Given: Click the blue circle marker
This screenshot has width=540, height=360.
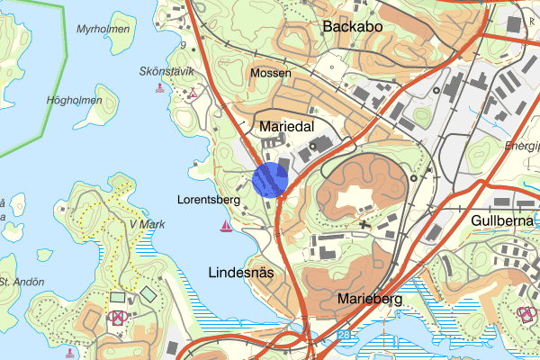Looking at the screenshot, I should coord(269,179).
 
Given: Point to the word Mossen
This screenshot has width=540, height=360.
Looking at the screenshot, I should coord(271,73).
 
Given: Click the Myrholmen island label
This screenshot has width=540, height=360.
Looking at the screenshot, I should coord(103,30).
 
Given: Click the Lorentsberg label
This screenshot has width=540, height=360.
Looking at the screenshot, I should coord(207,201).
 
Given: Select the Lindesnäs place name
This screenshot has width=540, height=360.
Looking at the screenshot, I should coord(240,271).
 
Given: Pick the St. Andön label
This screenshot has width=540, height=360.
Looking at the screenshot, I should coord(22,282).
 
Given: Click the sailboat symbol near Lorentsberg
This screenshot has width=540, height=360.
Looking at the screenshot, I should coord(225,225).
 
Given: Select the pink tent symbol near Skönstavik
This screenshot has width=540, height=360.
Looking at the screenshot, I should coord(193,93).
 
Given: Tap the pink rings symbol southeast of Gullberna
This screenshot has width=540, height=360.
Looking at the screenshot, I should coord(526,312).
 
